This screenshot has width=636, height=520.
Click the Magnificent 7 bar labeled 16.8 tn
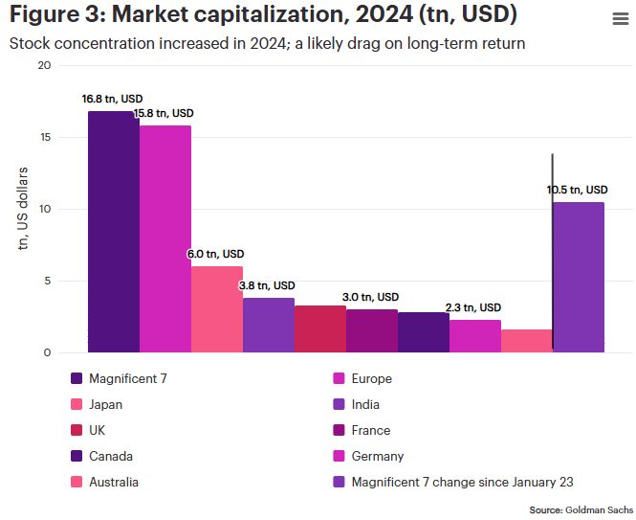(x=114, y=232)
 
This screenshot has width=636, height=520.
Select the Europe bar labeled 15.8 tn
(x=165, y=238)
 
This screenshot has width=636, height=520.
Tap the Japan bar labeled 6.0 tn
(x=217, y=309)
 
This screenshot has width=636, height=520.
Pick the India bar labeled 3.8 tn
(x=269, y=326)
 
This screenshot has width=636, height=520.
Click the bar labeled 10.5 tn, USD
(x=579, y=278)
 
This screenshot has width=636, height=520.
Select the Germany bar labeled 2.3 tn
(x=475, y=336)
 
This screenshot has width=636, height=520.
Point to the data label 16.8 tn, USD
(x=113, y=99)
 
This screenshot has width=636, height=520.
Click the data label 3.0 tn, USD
(x=371, y=297)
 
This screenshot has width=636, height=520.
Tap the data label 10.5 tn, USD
(x=578, y=190)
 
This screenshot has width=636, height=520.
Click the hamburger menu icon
(x=619, y=19)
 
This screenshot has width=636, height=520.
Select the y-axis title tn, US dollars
(x=23, y=209)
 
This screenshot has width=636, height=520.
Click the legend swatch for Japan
(x=77, y=404)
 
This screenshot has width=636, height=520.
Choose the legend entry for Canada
(x=110, y=456)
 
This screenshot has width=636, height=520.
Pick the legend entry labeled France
(x=371, y=430)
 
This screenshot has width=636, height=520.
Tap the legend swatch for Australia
(x=77, y=482)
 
